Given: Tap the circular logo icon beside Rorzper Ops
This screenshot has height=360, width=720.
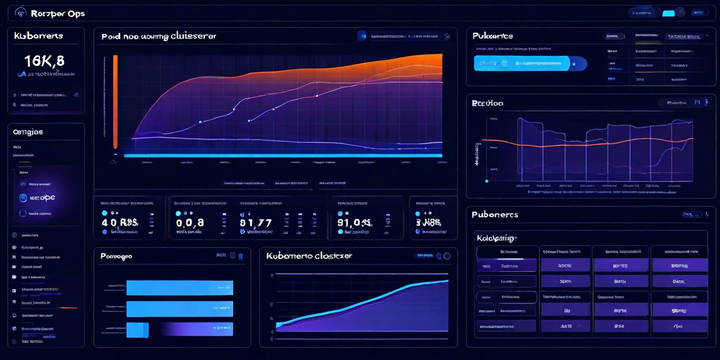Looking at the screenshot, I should pyautogui.click(x=21, y=12).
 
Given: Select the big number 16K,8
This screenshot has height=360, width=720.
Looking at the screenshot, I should pyautogui.click(x=44, y=61).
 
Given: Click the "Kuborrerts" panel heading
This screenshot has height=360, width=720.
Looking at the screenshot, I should pyautogui.click(x=38, y=35).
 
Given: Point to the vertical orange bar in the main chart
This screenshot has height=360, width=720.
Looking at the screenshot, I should pyautogui.click(x=115, y=101).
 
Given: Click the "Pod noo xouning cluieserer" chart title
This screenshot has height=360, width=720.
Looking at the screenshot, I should pyautogui.click(x=159, y=37).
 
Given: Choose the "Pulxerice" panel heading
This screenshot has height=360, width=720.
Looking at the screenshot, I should pyautogui.click(x=493, y=35).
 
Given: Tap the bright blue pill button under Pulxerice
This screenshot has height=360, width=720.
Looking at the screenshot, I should pyautogui.click(x=521, y=63).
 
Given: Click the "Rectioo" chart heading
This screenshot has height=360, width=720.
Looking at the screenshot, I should pyautogui.click(x=488, y=103).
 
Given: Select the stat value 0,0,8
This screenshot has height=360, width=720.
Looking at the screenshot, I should pyautogui.click(x=190, y=223).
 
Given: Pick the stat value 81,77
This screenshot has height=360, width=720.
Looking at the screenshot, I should pyautogui.click(x=255, y=223).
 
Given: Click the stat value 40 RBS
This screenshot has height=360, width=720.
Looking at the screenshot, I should pyautogui.click(x=120, y=222).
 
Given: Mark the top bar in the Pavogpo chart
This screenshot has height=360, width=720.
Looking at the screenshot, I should pyautogui.click(x=179, y=288).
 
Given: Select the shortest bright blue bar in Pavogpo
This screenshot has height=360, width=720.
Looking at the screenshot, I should pyautogui.click(x=137, y=330).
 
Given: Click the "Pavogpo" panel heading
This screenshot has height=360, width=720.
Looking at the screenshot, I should pyautogui.click(x=116, y=256).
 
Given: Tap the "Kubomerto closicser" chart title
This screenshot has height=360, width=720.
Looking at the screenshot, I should pyautogui.click(x=309, y=256).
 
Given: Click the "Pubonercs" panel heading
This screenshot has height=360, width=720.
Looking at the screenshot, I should pyautogui.click(x=495, y=215).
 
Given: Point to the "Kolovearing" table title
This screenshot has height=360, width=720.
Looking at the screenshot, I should pyautogui.click(x=497, y=238).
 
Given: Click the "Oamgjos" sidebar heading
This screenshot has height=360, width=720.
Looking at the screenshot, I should pyautogui.click(x=28, y=132).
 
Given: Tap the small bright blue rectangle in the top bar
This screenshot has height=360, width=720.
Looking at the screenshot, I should pyautogui.click(x=668, y=12).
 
